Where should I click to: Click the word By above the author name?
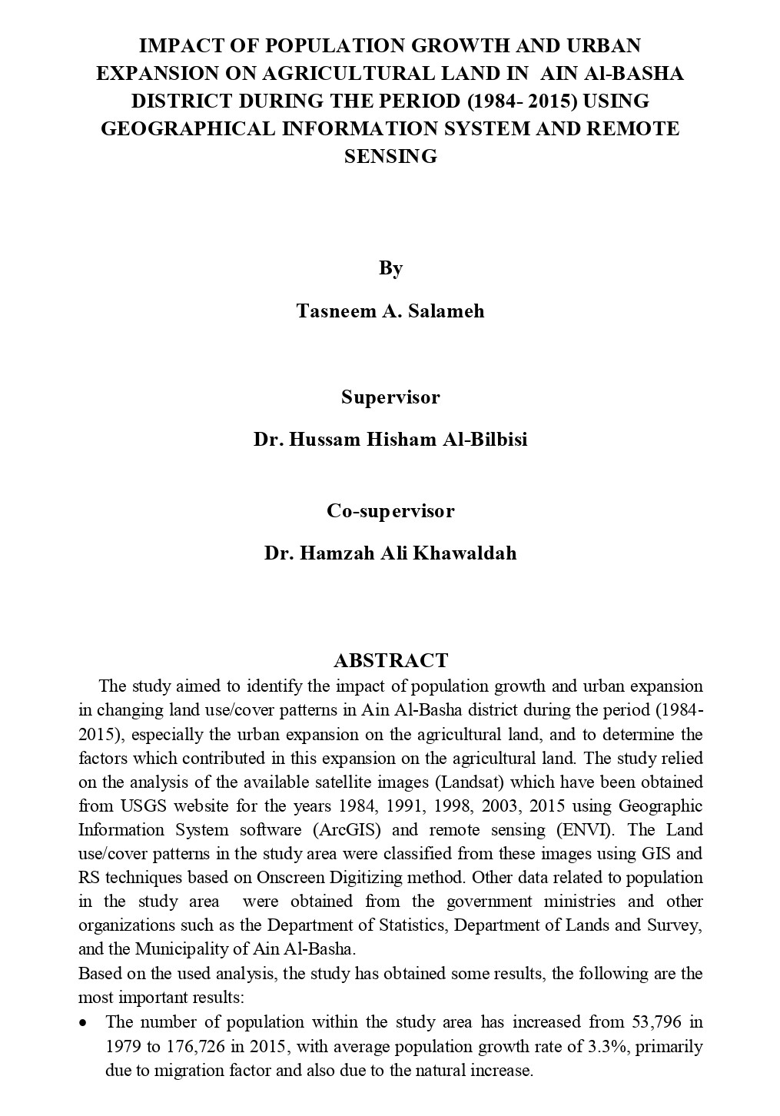point(390,268)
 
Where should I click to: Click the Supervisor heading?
point(390,397)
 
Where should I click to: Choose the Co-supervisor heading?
point(390,511)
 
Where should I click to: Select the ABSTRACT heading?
point(390,661)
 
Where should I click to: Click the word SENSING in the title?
point(390,156)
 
